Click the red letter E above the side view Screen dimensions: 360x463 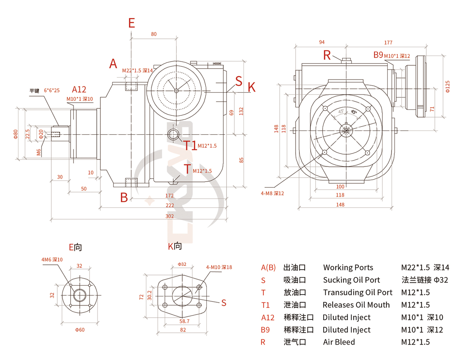132,23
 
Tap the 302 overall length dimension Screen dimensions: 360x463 170,216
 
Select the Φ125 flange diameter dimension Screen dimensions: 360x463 448,86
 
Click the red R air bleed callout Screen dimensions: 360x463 327,55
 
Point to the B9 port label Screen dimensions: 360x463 378,55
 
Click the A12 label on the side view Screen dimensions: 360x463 79,90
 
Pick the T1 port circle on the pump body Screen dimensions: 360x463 173,134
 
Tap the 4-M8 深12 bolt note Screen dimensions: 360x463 272,193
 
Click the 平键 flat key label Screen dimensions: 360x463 35,91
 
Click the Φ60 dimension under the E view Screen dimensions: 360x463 80,330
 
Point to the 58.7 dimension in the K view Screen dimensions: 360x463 184,321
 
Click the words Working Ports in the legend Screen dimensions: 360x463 348,267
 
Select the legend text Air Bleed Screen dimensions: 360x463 339,342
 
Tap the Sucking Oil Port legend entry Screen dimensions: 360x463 351,280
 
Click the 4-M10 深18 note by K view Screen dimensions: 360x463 219,267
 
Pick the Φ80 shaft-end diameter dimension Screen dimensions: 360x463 16,134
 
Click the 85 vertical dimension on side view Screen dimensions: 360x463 242,159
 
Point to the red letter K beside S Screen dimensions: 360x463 252,87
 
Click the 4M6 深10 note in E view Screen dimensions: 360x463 52,260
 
